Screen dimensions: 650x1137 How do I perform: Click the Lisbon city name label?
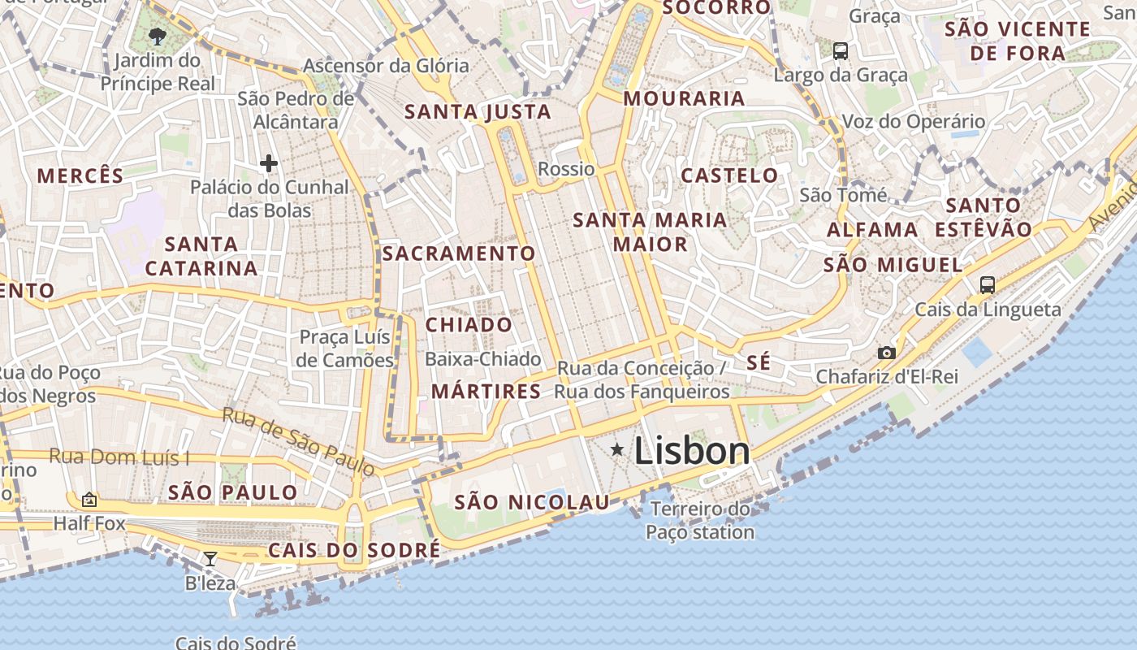tap(692, 451)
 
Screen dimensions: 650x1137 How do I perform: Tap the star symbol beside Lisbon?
tap(617, 449)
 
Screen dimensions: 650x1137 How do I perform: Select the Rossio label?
tap(567, 169)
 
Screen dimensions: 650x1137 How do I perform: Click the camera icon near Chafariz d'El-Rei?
tap(887, 353)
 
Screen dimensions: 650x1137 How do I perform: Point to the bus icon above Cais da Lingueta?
tap(988, 284)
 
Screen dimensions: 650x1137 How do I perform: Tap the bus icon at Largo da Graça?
tap(841, 50)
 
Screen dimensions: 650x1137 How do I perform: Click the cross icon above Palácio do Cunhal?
tap(269, 163)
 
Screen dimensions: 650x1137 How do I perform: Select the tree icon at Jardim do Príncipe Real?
tap(158, 36)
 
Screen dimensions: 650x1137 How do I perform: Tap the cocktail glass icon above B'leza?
tap(210, 558)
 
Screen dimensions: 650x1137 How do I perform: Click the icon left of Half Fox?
tap(89, 500)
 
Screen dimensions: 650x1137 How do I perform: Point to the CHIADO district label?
tap(469, 325)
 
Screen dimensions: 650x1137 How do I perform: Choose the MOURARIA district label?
tap(684, 98)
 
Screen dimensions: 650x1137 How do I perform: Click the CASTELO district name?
tap(729, 175)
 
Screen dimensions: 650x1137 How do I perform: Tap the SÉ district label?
tap(759, 362)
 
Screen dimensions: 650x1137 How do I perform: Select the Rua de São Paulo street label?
tap(298, 441)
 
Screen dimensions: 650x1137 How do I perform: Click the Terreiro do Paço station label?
tap(700, 521)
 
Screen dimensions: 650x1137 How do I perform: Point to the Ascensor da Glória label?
tap(386, 65)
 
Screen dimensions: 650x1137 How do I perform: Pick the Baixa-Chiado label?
tap(483, 359)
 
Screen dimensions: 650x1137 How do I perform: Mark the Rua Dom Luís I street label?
tap(119, 456)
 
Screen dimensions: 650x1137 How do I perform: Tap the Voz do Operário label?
tap(914, 122)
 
